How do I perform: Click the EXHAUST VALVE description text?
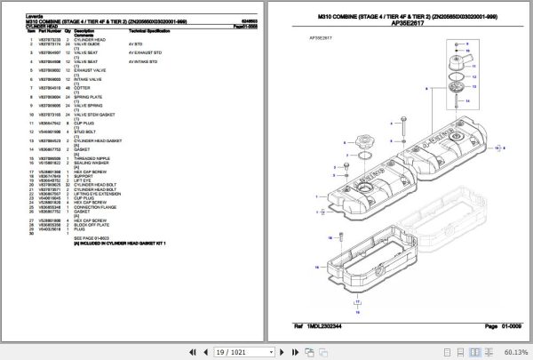pos(89,68)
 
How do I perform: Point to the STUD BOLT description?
pos(85,131)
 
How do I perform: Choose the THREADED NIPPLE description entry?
pos(90,157)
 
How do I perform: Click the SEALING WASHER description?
pos(89,163)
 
